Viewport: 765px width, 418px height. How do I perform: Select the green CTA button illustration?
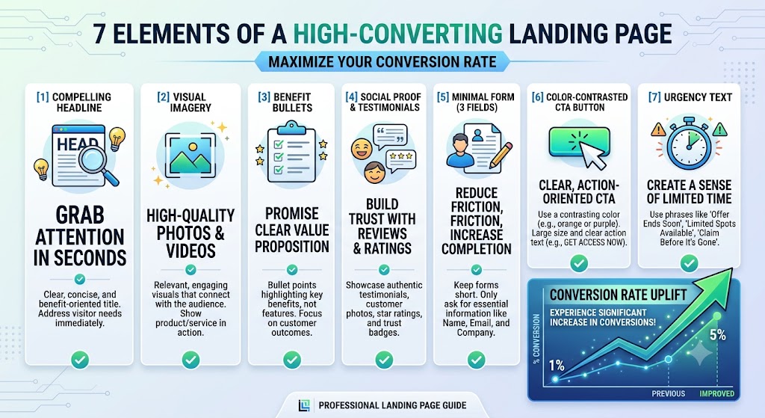point(579,141)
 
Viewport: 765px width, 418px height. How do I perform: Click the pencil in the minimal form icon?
point(501,155)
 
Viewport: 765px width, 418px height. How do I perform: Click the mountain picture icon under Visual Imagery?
point(191,156)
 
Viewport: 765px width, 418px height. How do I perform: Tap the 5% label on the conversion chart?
point(718,335)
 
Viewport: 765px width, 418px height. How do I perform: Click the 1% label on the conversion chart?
point(556,365)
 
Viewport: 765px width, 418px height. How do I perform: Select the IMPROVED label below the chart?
point(716,393)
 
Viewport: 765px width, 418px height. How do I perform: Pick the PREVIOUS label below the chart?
point(669,393)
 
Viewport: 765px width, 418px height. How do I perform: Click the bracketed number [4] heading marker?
point(351,96)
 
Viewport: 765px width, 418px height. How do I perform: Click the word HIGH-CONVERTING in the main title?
point(397,34)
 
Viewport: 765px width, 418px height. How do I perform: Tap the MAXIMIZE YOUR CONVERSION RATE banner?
point(382,62)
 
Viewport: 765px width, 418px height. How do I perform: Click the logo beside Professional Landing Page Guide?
point(304,405)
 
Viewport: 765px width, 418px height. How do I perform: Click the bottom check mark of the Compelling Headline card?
point(79,360)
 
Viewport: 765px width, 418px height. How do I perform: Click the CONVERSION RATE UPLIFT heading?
point(618,295)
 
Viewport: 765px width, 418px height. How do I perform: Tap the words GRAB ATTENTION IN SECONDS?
point(80,236)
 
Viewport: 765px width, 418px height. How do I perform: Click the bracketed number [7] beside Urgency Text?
point(654,96)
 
